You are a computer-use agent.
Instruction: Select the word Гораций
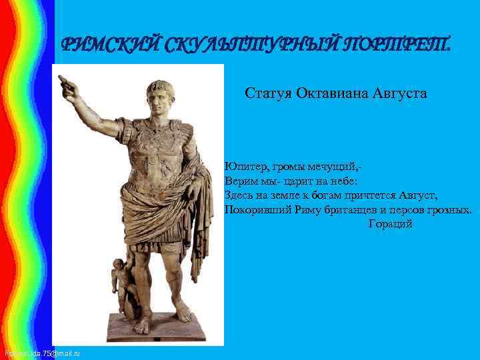tap(391, 224)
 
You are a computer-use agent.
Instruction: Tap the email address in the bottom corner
tap(41, 352)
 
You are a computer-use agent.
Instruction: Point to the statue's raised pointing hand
tap(66, 85)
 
